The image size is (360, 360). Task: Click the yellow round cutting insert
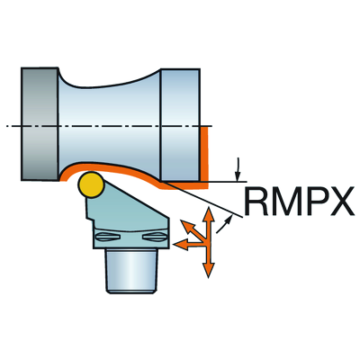[91, 185]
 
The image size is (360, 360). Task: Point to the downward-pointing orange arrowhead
[208, 270]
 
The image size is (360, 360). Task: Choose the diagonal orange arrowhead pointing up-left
[187, 227]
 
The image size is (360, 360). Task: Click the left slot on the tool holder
[108, 237]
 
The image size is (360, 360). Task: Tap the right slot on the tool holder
[154, 237]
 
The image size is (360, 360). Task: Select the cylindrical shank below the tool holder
[130, 271]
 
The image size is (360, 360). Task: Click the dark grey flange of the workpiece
[40, 124]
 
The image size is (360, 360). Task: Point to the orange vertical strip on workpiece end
[204, 155]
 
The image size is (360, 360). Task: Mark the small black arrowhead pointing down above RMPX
[238, 177]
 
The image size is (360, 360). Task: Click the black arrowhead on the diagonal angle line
[229, 219]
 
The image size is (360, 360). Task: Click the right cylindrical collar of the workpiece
[180, 124]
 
